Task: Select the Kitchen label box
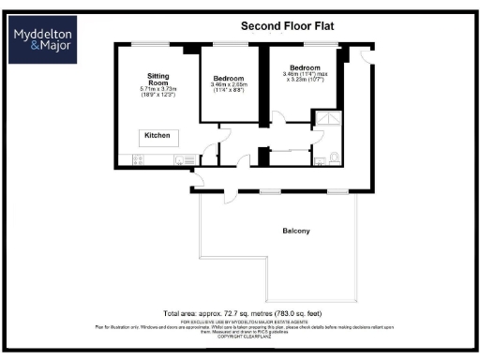click(157, 136)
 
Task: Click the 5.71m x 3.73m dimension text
click(157, 89)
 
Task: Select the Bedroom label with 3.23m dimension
click(304, 67)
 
